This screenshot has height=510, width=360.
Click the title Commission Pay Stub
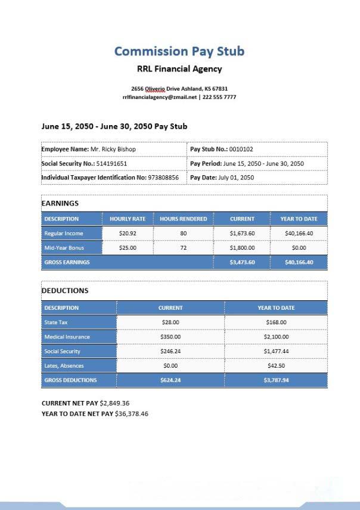179,51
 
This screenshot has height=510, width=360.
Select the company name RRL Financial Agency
179,69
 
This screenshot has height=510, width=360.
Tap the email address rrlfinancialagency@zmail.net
160,97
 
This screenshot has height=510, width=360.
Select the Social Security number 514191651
111,163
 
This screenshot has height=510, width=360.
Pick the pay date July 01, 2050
236,178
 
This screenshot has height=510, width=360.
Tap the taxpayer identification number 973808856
163,178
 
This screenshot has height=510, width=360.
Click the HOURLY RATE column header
128,219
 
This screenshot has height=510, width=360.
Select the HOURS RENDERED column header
184,219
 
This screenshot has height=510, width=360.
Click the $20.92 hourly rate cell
128,234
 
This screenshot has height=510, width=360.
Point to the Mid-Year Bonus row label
64,248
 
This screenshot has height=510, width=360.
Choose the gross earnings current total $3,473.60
242,262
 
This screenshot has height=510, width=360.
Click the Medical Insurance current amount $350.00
170,337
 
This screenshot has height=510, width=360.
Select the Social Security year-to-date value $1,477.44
276,352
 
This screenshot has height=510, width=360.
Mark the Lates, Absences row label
64,366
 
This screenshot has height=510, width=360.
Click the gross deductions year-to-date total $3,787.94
276,380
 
